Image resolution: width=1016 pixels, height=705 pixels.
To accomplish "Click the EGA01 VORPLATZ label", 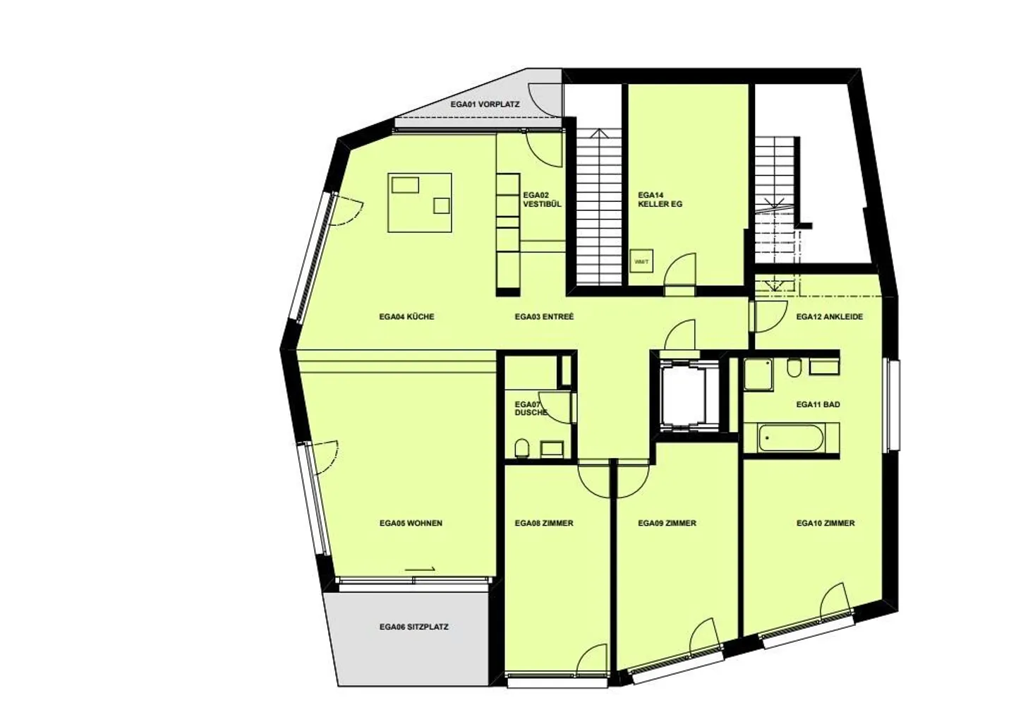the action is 485,104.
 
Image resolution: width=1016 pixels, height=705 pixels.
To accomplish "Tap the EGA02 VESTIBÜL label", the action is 542,200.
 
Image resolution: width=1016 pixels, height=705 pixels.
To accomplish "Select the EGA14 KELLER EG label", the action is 660,200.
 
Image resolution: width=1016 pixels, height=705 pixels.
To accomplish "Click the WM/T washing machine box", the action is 641,261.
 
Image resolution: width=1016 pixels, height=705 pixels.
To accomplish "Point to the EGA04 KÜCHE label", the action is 406,317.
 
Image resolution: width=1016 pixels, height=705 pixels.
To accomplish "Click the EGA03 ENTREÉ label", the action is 544,317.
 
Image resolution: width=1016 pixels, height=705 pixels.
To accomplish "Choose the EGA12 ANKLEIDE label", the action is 830,317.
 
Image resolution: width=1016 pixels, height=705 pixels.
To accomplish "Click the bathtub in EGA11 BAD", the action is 790,438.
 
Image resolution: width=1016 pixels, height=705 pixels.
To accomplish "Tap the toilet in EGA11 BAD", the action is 794,368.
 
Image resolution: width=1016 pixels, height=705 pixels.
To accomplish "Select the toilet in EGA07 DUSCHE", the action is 521,449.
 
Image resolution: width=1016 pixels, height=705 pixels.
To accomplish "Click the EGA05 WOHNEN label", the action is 411,523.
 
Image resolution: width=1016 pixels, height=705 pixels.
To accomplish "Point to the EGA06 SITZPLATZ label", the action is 413,627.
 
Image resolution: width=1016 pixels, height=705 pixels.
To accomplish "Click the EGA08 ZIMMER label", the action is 544,523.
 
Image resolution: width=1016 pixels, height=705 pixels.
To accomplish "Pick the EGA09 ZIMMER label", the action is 667,523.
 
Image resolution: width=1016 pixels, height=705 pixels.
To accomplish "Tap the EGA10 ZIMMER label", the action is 825,523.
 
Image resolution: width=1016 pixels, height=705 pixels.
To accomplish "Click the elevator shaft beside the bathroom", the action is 683,393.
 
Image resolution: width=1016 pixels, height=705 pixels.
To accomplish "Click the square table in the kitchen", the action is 420,203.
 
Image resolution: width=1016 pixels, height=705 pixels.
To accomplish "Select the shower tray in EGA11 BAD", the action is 758,374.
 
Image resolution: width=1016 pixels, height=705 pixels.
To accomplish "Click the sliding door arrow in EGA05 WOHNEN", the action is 420,569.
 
